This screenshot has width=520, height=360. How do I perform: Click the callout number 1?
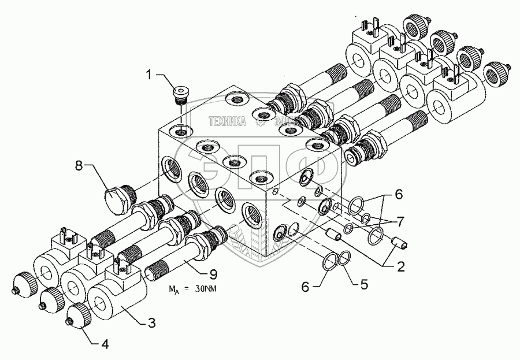pyautogui.click(x=149, y=74)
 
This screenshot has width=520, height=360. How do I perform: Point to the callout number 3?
pyautogui.click(x=151, y=322)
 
